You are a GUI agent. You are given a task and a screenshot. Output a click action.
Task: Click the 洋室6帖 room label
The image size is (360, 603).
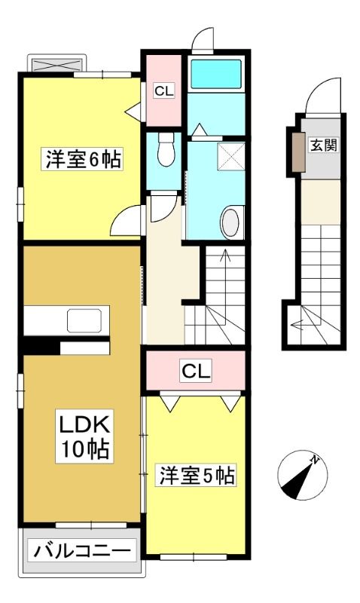[83, 159]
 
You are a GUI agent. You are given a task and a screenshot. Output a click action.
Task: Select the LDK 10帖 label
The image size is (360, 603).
[84, 436]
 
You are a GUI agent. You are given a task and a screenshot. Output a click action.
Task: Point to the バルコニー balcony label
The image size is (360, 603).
[82, 552]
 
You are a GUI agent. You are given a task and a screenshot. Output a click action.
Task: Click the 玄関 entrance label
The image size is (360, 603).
[324, 145]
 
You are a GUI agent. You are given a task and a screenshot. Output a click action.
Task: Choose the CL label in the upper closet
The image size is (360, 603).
[164, 90]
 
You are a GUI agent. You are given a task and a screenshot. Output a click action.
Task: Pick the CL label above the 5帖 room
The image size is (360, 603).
[196, 372]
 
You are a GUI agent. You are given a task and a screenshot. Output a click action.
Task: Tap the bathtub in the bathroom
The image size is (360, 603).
[216, 74]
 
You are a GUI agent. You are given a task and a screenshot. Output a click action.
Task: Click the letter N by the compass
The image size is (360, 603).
[316, 460]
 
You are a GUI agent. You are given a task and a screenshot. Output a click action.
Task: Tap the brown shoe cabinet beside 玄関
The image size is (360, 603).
[298, 152]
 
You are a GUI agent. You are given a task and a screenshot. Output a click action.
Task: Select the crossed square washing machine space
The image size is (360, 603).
[231, 156]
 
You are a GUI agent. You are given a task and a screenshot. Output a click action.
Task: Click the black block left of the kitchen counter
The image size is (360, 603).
[41, 347]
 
